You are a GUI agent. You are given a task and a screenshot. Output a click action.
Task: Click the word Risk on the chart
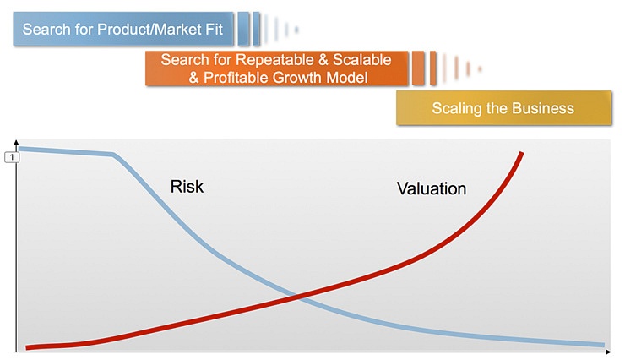click(187, 186)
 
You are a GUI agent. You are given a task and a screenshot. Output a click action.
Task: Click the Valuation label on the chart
click(431, 188)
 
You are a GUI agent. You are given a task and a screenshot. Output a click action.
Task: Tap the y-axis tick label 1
click(11, 156)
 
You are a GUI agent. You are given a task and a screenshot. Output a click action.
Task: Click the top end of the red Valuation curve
click(522, 154)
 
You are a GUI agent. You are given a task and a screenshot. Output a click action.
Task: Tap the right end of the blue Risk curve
click(603, 345)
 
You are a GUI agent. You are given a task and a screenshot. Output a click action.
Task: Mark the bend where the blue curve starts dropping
click(114, 155)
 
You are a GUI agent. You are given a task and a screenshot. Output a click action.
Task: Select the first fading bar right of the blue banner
click(243, 30)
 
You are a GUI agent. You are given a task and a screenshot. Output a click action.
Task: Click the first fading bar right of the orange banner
click(418, 68)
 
